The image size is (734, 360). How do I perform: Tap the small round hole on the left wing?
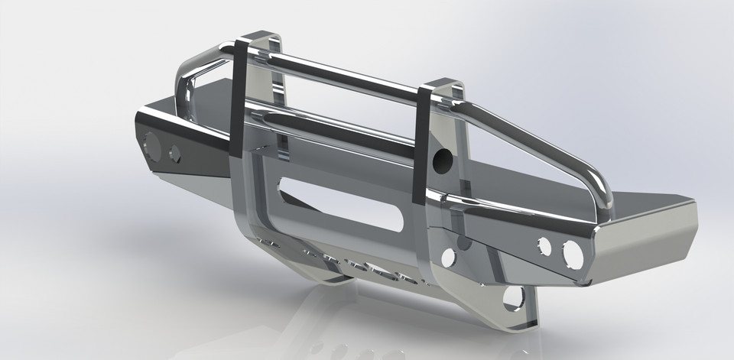(174, 154)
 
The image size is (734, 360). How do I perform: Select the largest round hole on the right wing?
(573, 255)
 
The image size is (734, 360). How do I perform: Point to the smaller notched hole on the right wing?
(544, 246)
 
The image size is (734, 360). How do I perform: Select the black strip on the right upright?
(421, 145)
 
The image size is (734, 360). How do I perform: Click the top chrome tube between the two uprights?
(344, 76)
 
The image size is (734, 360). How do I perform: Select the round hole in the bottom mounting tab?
(513, 297)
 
